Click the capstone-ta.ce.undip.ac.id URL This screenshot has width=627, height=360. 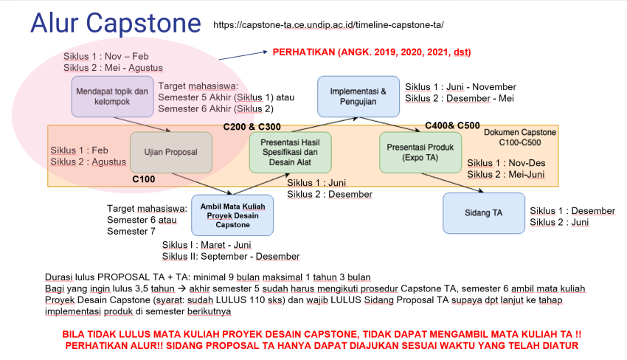(328, 25)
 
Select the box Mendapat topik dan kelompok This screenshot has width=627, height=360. (112, 97)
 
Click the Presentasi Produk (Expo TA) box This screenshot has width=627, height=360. (420, 152)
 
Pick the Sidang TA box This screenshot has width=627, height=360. (484, 212)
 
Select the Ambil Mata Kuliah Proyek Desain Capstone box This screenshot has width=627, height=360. (233, 214)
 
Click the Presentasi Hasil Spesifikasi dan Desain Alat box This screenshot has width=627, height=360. (291, 152)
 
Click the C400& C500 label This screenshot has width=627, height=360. (452, 125)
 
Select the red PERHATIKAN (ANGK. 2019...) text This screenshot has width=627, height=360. (372, 52)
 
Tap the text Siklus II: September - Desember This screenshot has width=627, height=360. (230, 256)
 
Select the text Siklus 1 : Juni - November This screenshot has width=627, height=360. (460, 86)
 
